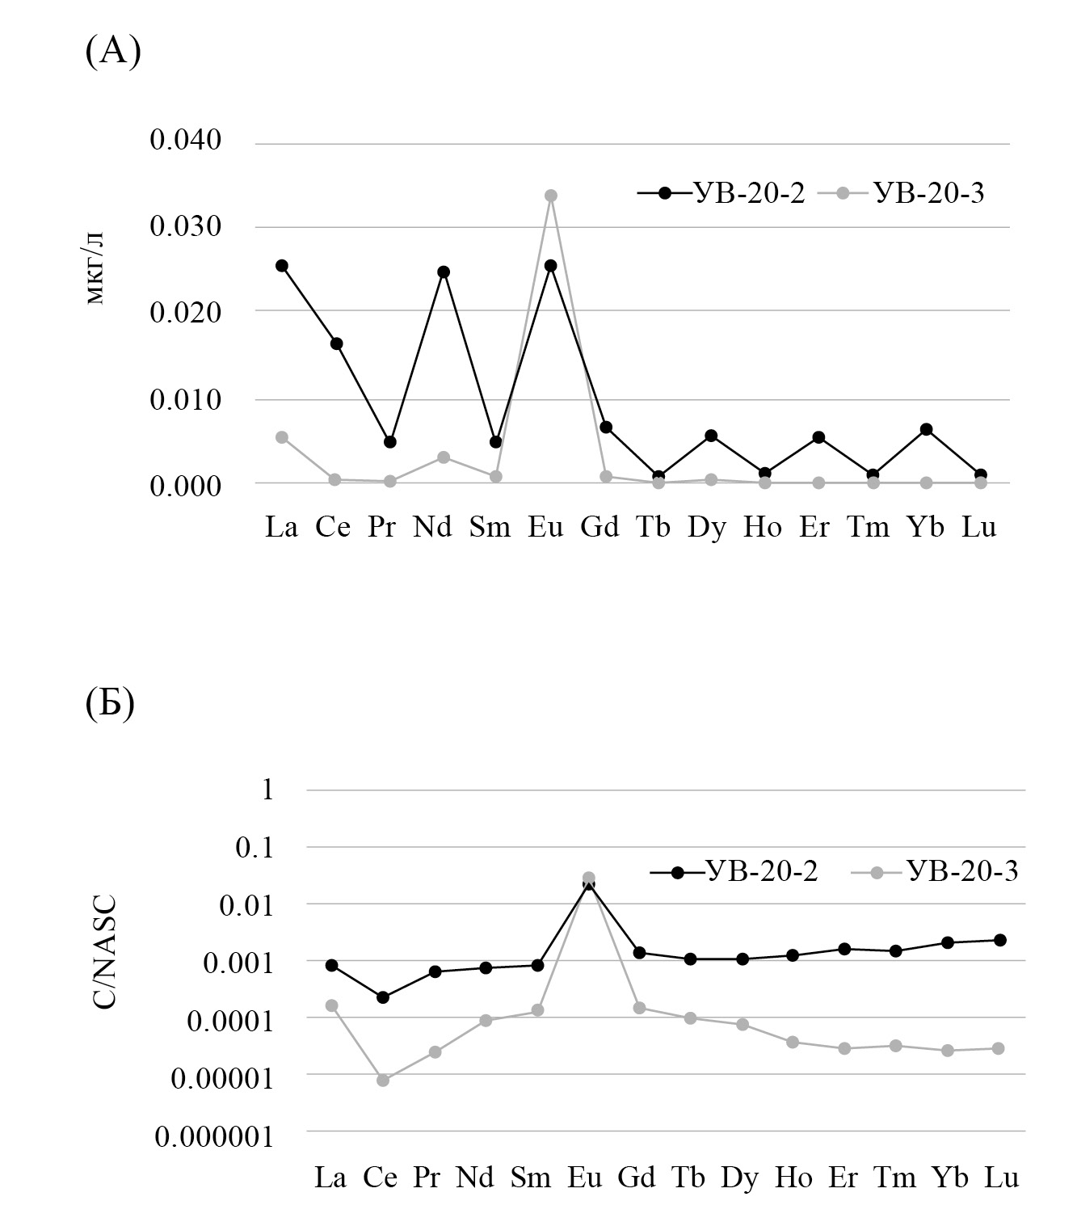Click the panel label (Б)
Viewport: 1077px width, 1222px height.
pyautogui.click(x=110, y=703)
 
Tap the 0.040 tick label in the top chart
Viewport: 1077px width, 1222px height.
pyautogui.click(x=186, y=140)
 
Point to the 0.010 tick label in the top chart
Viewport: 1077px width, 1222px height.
pyautogui.click(x=186, y=399)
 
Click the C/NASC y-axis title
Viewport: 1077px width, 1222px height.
pyautogui.click(x=104, y=950)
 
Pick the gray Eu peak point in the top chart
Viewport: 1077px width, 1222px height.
pyautogui.click(x=551, y=196)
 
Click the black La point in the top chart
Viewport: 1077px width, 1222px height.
pyautogui.click(x=282, y=265)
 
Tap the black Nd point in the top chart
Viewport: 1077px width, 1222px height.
pyautogui.click(x=444, y=272)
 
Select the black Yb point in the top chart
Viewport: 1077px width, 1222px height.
pyautogui.click(x=927, y=429)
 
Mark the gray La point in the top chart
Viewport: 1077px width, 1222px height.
pyautogui.click(x=282, y=437)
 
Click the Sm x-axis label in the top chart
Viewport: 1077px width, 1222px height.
pyautogui.click(x=490, y=528)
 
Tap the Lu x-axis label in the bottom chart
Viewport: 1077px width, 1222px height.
pyautogui.click(x=1001, y=1178)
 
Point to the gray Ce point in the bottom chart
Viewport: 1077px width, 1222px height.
pyautogui.click(x=383, y=1080)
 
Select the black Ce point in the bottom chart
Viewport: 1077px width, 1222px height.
pyautogui.click(x=383, y=997)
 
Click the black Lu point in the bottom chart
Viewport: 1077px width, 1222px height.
pyautogui.click(x=999, y=940)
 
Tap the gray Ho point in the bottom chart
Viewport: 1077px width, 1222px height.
pyautogui.click(x=793, y=1042)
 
